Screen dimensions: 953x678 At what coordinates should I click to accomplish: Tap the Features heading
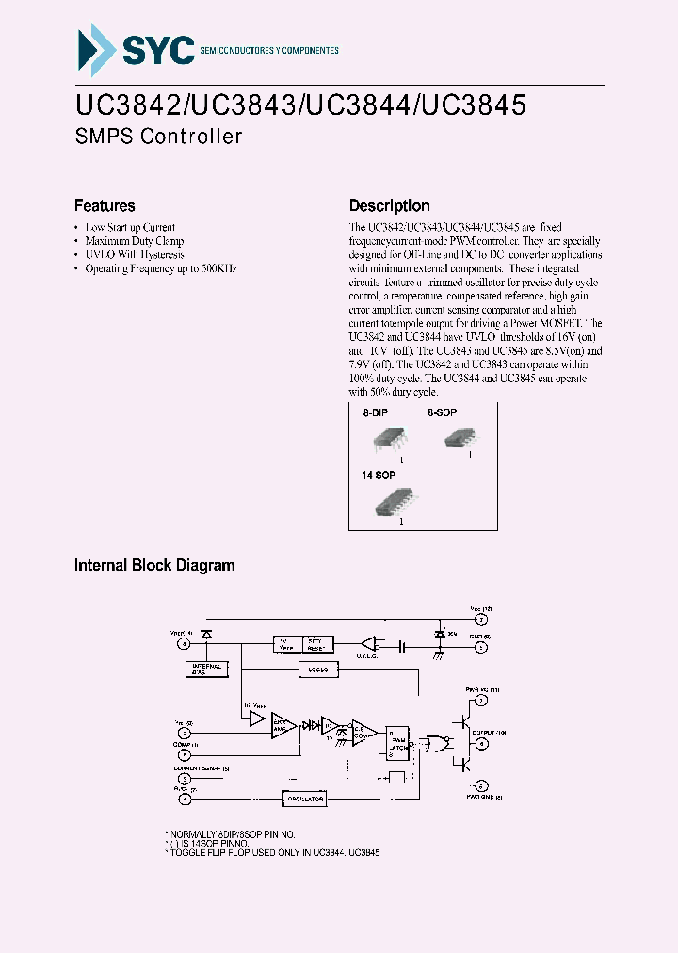pos(105,205)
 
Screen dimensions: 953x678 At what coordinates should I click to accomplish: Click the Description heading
pos(389,205)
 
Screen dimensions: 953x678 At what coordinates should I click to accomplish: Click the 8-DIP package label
pos(376,412)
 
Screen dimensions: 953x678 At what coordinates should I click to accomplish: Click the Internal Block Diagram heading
pos(154,565)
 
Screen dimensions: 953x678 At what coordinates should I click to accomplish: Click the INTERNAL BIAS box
pos(206,669)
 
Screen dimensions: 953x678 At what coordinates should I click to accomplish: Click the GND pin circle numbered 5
pos(480,647)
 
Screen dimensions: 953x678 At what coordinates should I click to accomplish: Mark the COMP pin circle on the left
pos(185,754)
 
